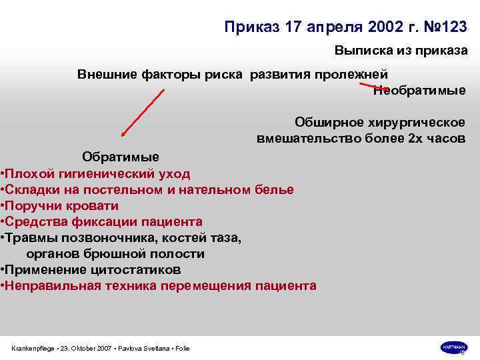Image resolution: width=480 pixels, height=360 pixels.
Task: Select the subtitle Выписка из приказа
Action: click(401, 51)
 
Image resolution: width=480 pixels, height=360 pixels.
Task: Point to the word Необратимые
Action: click(419, 91)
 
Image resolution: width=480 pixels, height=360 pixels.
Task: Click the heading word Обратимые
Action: click(121, 157)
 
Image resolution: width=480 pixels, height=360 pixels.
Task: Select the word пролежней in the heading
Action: click(359, 73)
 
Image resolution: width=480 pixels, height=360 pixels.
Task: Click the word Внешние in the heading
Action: click(106, 73)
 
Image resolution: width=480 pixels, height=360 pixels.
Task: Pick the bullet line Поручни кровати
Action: click(62, 206)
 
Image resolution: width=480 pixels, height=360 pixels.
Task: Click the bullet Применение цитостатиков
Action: click(93, 270)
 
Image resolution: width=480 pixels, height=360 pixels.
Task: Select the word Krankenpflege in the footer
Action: click(33, 349)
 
